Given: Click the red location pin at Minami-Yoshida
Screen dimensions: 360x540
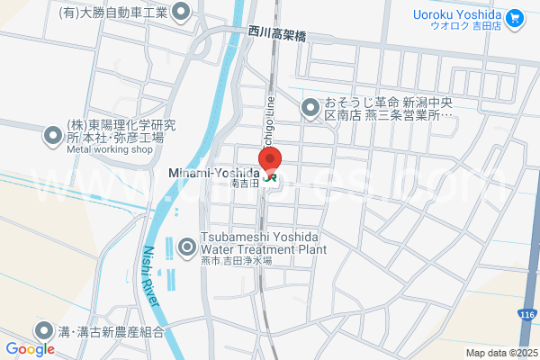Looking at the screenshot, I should click(x=270, y=158).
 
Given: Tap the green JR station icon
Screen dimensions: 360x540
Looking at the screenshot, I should click(x=270, y=178).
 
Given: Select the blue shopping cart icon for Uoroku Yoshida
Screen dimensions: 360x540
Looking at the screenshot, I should click(x=515, y=16).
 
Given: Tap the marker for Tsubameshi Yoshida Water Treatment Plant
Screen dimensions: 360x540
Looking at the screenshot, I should click(x=187, y=245).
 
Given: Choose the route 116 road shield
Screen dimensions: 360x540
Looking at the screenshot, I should click(x=528, y=313).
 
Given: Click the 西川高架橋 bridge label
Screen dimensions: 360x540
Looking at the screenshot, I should click(x=277, y=34).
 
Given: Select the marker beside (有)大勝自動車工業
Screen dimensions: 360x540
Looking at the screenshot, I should click(x=181, y=13).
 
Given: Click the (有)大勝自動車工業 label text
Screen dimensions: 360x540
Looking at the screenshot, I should click(x=112, y=13).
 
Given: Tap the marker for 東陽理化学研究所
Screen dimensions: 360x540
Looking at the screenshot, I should click(x=51, y=136).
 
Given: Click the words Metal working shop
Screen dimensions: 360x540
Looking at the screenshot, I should click(x=111, y=150).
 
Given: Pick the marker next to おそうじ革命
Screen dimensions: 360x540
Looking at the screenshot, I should click(x=310, y=108).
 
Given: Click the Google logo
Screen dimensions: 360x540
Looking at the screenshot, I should click(x=30, y=348).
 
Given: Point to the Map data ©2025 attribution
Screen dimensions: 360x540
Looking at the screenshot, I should click(x=500, y=353).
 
